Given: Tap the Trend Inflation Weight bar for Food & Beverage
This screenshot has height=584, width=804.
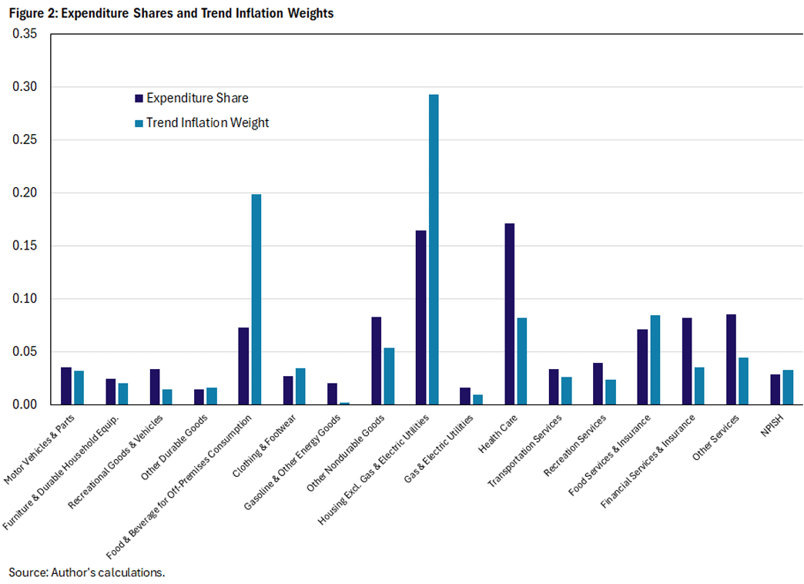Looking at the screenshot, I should [256, 300].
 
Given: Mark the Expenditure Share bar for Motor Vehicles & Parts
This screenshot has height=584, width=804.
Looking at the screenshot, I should [66, 386].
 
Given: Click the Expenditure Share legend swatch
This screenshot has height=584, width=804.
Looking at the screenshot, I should [139, 99].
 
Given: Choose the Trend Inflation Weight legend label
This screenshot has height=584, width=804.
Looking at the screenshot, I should [207, 123].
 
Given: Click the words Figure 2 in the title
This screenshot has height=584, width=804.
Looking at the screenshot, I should [32, 13].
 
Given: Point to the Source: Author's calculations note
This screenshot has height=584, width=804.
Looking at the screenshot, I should [87, 572].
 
